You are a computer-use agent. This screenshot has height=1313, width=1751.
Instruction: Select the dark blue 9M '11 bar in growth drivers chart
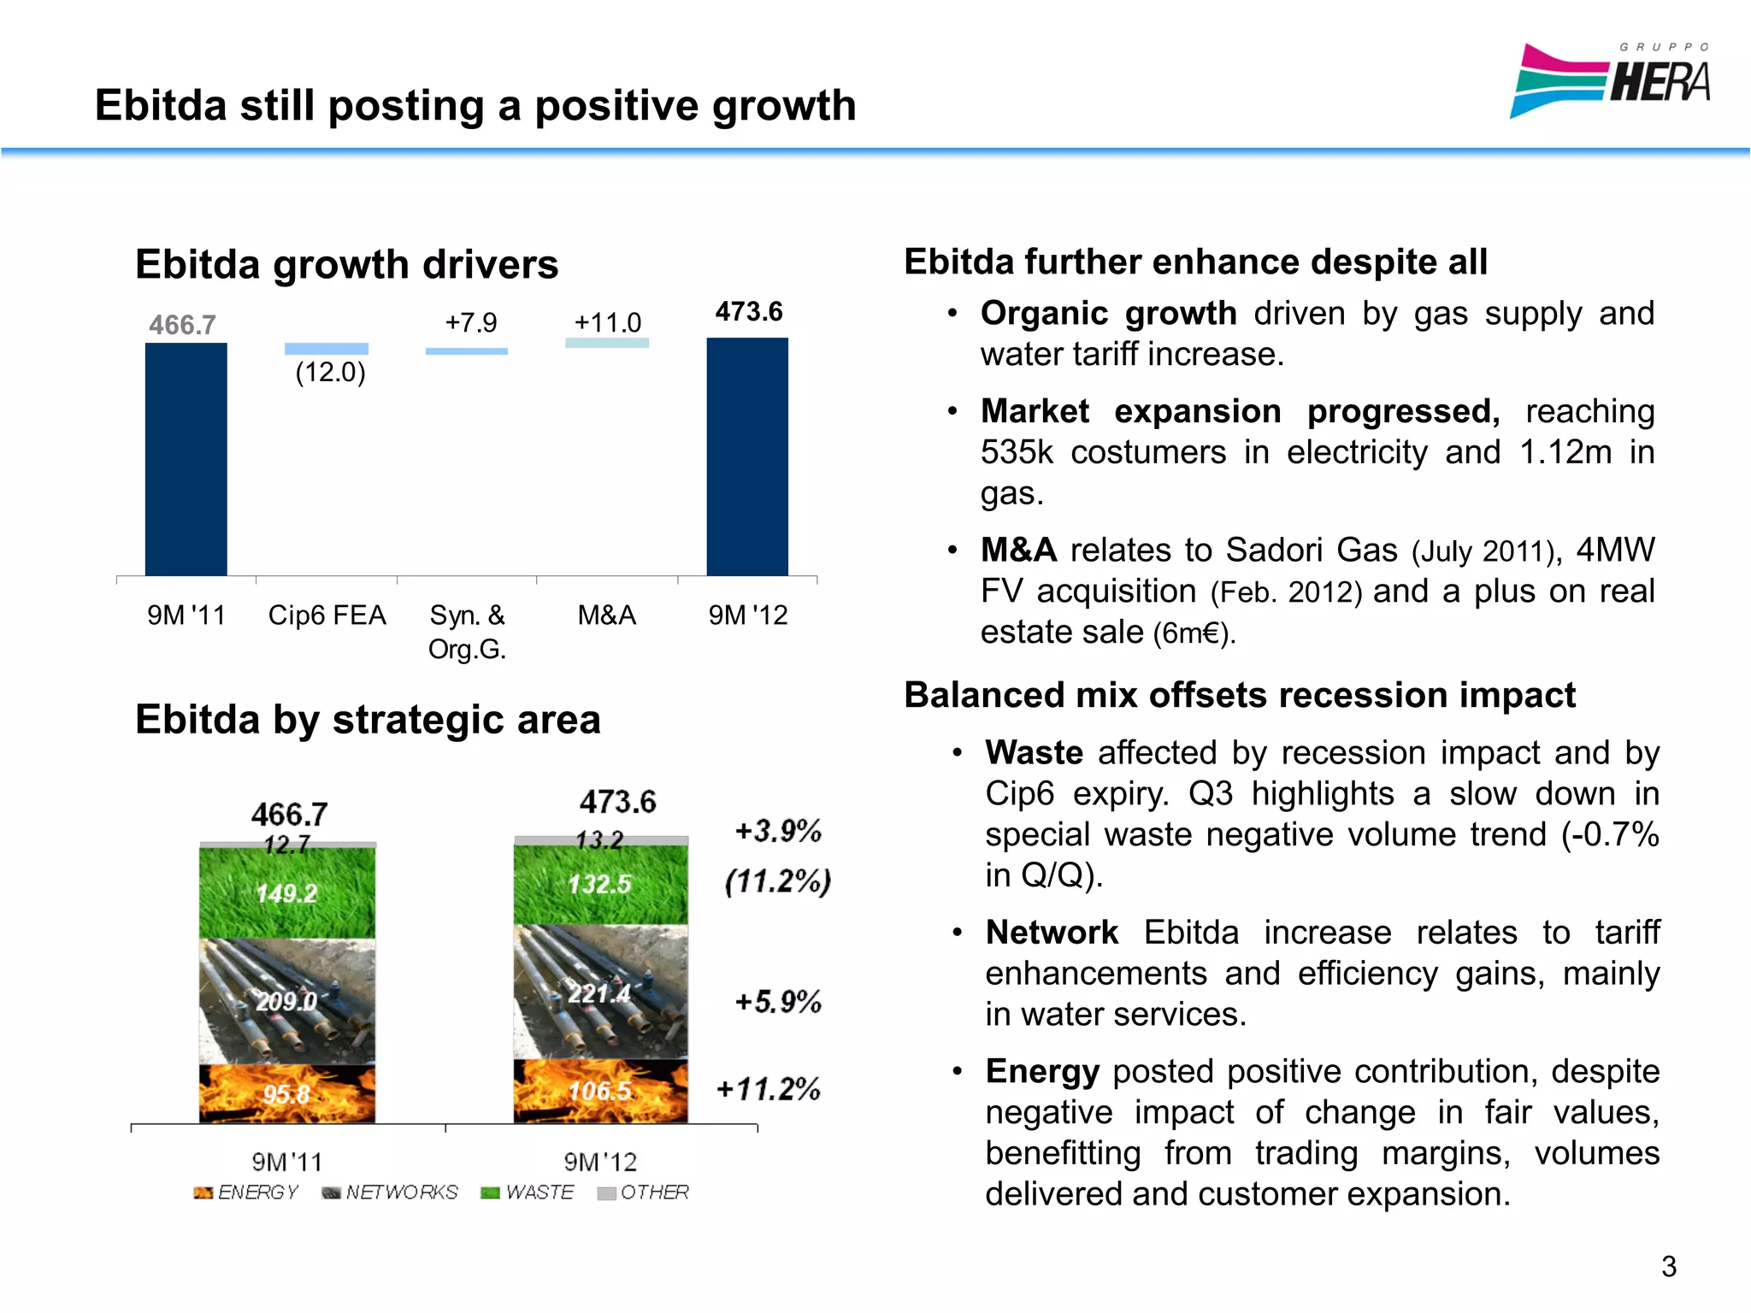point(186,459)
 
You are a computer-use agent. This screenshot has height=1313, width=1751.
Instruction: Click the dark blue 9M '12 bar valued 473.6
point(747,456)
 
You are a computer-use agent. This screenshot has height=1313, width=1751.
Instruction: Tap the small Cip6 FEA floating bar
point(326,349)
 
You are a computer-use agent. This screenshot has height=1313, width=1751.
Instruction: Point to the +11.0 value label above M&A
point(607,322)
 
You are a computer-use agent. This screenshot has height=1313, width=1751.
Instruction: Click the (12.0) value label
point(330,373)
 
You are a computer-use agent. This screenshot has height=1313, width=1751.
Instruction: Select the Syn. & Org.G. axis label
point(467,632)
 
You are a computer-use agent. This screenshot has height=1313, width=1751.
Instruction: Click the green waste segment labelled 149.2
point(286,893)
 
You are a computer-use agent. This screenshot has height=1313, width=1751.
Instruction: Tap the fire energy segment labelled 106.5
point(600,1092)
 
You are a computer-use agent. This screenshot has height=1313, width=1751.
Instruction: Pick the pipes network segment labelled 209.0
point(286,1001)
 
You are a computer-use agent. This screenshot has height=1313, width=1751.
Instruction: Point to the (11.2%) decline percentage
point(777,881)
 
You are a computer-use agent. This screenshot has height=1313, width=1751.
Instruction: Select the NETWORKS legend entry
point(391,1192)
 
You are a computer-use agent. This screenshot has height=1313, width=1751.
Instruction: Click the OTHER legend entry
point(644,1192)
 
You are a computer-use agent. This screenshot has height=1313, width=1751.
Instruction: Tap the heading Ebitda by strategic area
point(368,719)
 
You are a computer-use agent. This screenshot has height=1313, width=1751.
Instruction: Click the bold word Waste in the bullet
point(1034,753)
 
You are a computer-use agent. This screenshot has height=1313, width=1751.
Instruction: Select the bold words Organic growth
point(1108,314)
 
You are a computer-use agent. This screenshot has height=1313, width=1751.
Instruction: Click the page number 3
point(1668,1266)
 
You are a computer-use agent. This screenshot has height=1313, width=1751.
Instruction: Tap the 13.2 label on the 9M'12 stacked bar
point(599,840)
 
